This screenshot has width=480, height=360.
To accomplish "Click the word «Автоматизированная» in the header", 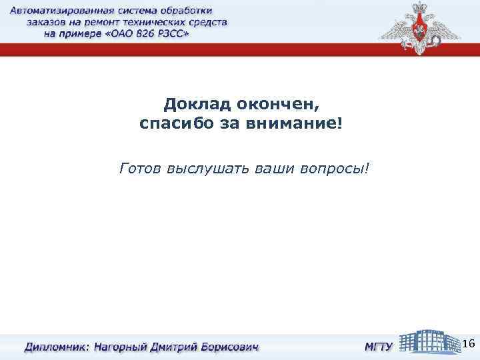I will [64, 11].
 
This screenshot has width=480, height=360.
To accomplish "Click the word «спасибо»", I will [175, 124].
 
